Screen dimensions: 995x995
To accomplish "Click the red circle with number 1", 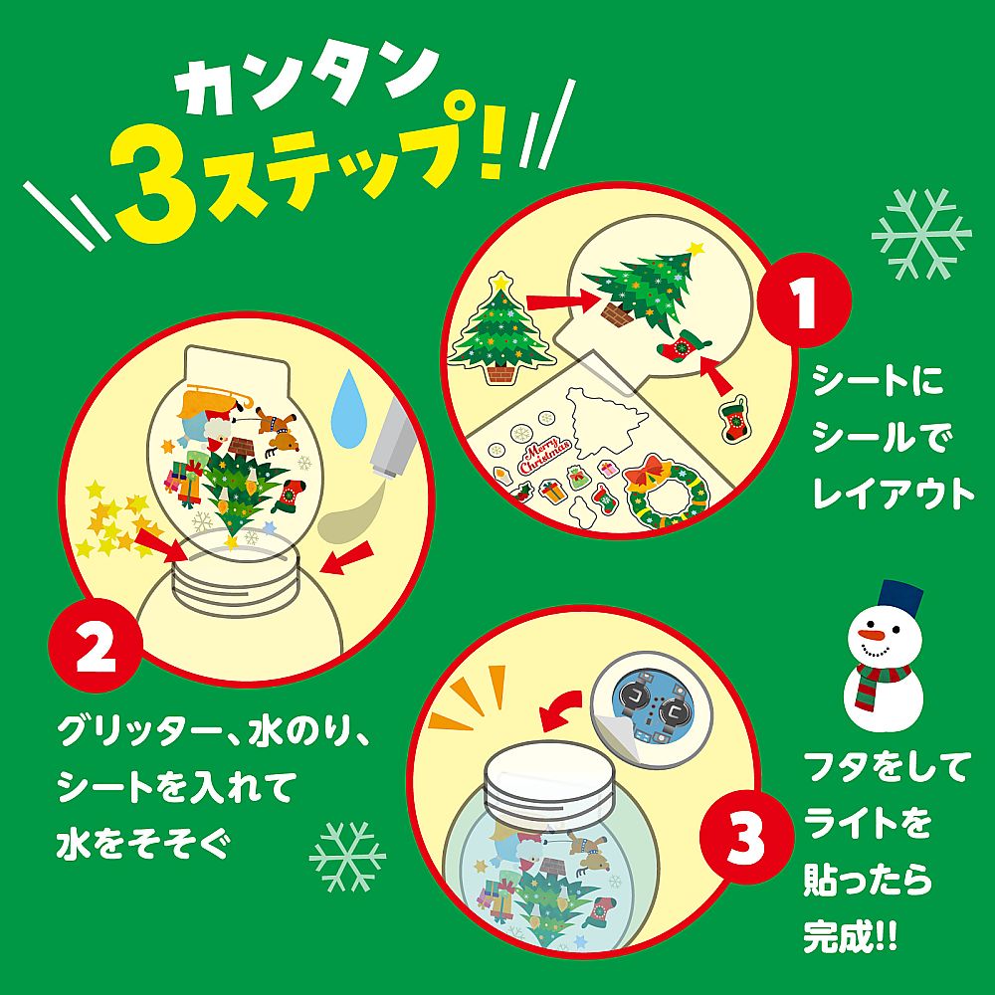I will point(805,298).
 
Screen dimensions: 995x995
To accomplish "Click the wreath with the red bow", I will point(664,488).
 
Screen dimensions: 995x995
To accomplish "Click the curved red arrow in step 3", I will point(557,709).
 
